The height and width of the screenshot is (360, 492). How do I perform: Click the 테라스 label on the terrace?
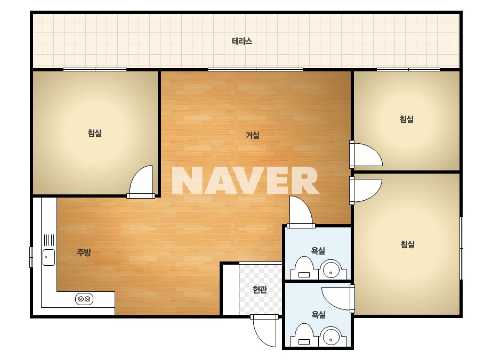click(x=242, y=41)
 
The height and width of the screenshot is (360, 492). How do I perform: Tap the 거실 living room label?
click(x=252, y=135)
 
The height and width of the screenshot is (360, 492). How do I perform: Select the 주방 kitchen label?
click(x=84, y=252)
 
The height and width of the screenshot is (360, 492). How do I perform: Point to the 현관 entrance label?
click(x=260, y=289)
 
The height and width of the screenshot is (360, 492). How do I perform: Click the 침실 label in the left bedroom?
click(x=94, y=133)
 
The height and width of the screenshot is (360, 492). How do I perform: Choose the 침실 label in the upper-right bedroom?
click(x=406, y=119)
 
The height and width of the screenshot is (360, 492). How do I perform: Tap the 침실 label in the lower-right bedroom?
click(x=408, y=244)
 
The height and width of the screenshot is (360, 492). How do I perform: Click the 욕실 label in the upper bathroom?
click(x=318, y=250)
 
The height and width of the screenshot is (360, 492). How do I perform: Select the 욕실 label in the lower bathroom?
click(x=318, y=314)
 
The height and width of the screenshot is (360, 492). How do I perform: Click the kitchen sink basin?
click(x=49, y=257)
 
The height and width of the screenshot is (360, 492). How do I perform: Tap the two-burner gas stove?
click(x=84, y=299)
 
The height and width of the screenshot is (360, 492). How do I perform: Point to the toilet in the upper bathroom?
click(x=304, y=268)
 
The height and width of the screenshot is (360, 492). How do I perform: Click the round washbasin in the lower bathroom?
click(x=330, y=336)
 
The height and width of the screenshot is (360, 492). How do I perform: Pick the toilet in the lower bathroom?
click(x=304, y=335)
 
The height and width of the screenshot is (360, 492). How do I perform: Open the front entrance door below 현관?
click(x=264, y=331)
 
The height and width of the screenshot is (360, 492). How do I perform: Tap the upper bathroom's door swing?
click(x=301, y=211)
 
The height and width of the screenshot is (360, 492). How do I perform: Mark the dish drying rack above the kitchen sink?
click(x=49, y=240)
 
